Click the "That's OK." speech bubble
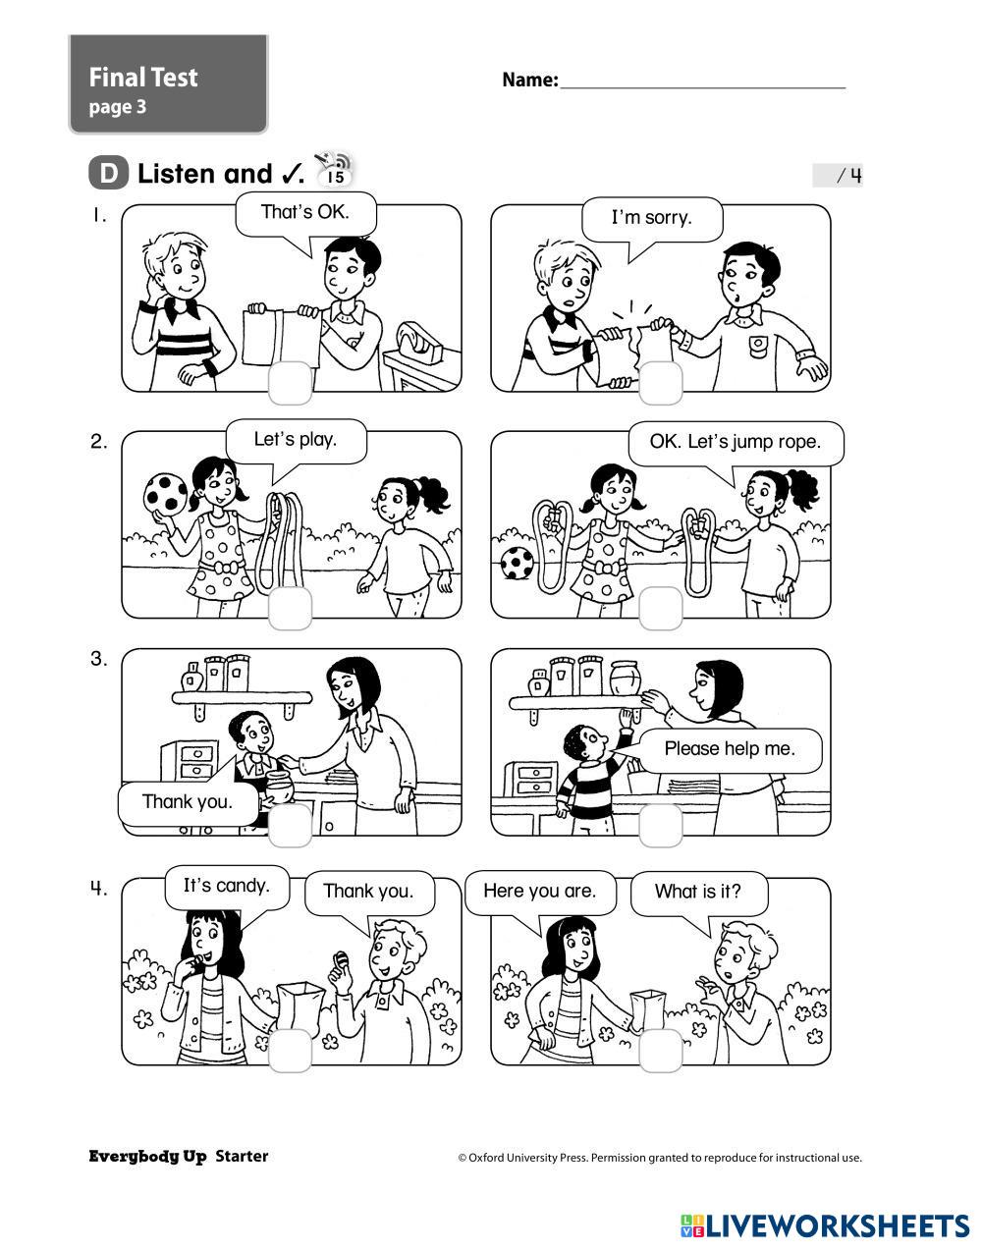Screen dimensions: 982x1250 pos(305,213)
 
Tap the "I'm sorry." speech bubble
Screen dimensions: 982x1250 pos(652,219)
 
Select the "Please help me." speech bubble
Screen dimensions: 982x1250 pos(730,749)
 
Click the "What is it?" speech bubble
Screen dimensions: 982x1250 pos(698,893)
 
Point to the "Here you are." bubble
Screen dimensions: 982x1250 pos(540,892)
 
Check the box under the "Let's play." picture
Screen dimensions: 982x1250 pos(291,608)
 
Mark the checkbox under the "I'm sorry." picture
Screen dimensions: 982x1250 pos(661,383)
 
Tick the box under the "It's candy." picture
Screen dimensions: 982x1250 pos(291,1051)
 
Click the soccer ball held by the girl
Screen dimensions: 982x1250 pos(166,493)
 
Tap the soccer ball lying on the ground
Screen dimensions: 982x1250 pos(518,564)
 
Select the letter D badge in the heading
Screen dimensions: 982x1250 pos(108,174)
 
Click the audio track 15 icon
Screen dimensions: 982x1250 pos(335,170)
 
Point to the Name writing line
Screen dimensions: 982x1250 pos(703,87)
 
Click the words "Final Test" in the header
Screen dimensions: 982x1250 pos(143,78)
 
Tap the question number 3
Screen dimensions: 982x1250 pos(99,659)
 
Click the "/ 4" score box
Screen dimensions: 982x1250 pos(838,176)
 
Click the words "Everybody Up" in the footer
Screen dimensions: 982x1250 pos(148,1157)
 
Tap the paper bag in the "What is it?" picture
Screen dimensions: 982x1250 pos(648,1010)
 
